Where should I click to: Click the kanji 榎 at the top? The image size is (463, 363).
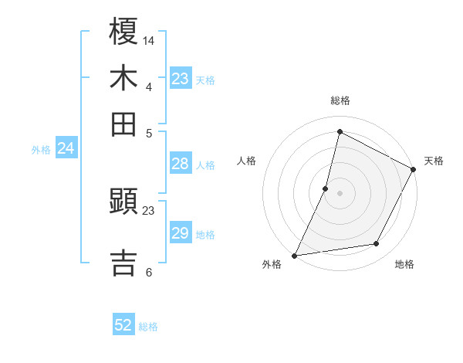(x=124, y=32)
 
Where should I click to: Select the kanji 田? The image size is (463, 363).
(x=124, y=123)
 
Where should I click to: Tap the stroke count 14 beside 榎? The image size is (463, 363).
(x=149, y=40)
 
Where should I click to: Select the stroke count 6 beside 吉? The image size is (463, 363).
(x=149, y=272)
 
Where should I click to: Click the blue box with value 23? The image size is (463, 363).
(x=181, y=79)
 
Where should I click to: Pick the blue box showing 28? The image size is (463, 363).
(x=181, y=164)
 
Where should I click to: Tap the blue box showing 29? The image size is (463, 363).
(x=181, y=233)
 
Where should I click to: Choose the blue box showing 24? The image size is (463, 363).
(x=66, y=148)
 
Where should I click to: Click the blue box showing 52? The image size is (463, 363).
(x=123, y=325)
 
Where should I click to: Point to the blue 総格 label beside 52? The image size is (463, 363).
(x=149, y=327)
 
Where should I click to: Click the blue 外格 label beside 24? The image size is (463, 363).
(x=41, y=150)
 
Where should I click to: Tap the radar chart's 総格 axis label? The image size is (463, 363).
(x=340, y=100)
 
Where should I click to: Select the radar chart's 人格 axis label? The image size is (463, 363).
(x=247, y=161)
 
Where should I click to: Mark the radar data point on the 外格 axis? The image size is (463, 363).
(x=294, y=255)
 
